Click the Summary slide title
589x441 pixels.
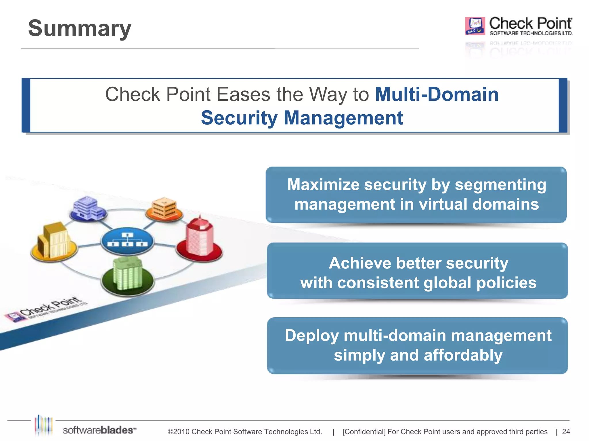tap(80, 28)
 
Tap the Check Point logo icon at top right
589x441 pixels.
tap(475, 26)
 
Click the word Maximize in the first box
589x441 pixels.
tap(323, 184)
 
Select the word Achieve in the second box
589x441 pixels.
tap(360, 263)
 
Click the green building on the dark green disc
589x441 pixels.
tap(128, 274)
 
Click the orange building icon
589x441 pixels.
tap(164, 208)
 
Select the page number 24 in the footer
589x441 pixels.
tap(566, 432)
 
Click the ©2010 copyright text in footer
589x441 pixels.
tap(244, 432)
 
